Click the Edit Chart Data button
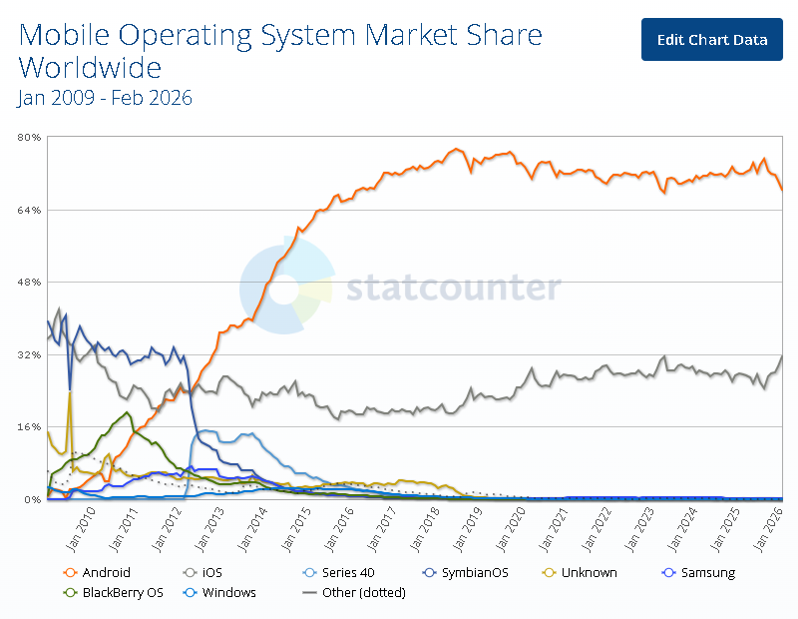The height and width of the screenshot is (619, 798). click(712, 39)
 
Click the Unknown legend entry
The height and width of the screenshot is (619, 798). click(583, 573)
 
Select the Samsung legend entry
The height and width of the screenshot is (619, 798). click(701, 573)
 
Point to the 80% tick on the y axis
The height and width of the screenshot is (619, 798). click(29, 138)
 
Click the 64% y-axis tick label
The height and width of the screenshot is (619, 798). click(29, 210)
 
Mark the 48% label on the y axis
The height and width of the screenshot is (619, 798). click(29, 283)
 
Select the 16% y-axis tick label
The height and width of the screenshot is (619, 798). click(29, 427)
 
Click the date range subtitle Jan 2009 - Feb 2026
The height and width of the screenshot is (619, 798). click(105, 98)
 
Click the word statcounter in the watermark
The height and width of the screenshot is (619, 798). click(453, 288)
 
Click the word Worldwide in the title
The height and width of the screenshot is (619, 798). click(90, 68)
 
